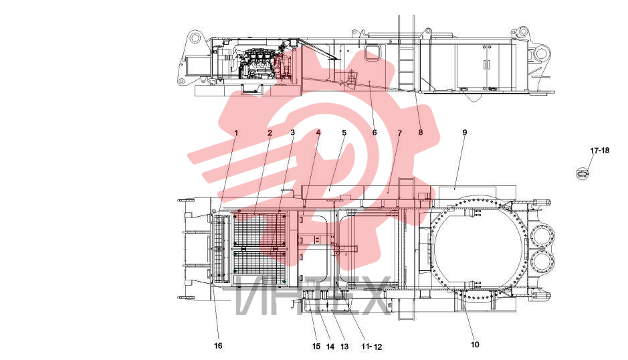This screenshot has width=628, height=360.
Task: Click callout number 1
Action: (236, 132)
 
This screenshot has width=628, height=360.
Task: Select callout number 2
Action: (270, 132)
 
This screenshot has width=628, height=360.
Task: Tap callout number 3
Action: (293, 132)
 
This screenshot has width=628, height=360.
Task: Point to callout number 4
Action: (318, 132)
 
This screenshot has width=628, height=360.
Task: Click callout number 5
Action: (344, 132)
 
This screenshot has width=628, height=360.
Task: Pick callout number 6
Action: (375, 132)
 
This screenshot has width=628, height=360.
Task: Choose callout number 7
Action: (399, 132)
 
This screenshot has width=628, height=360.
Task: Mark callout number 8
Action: (421, 132)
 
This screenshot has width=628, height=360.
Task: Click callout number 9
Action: (465, 132)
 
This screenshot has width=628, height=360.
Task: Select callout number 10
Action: (475, 345)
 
